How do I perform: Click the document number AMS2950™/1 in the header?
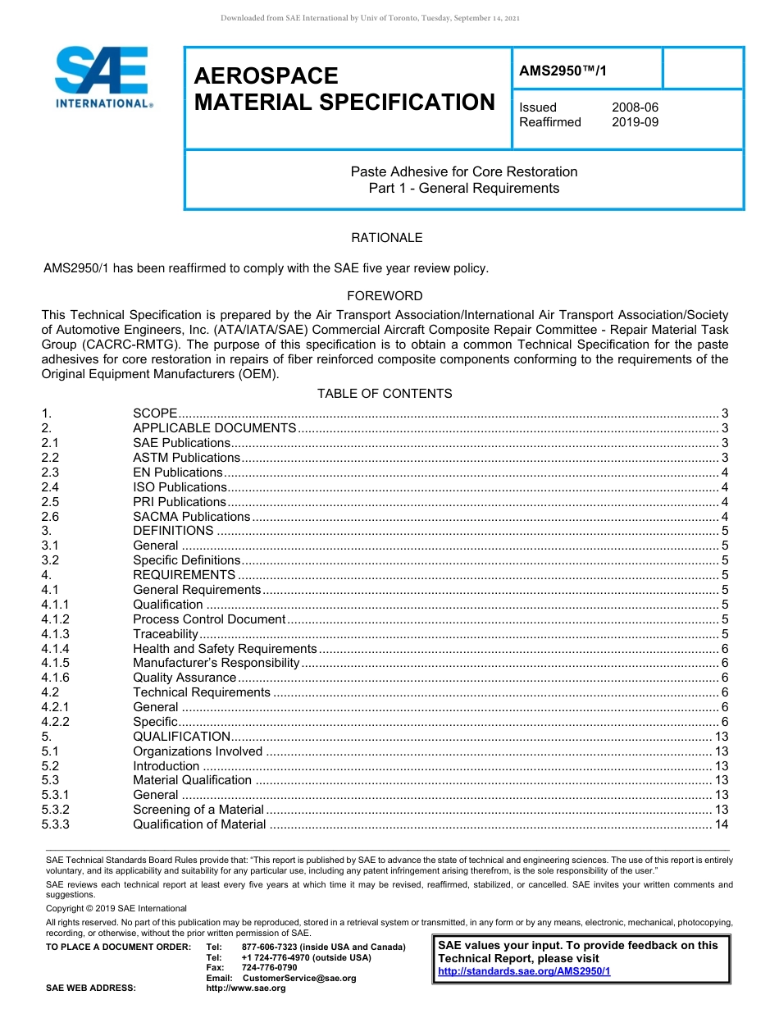pos(563,71)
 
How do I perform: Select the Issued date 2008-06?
pos(635,107)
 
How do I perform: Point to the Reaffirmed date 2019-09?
pos(635,122)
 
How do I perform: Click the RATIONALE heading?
pos(387,238)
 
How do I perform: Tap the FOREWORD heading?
pos(385,296)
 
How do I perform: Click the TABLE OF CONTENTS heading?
pos(385,394)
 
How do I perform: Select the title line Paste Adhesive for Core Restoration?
pos(464,172)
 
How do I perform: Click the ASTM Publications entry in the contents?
pos(186,458)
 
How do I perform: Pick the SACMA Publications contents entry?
pos(191,517)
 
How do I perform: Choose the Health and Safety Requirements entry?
pos(225,649)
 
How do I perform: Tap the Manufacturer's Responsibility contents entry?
pos(216,663)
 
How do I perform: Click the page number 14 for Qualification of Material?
pos(722,824)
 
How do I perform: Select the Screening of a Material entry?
pos(198,810)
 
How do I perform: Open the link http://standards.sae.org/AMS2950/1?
pos(524,971)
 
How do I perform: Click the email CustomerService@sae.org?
pos(299,978)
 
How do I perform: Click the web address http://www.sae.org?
pos(246,988)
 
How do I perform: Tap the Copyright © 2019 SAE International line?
pos(116,908)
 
